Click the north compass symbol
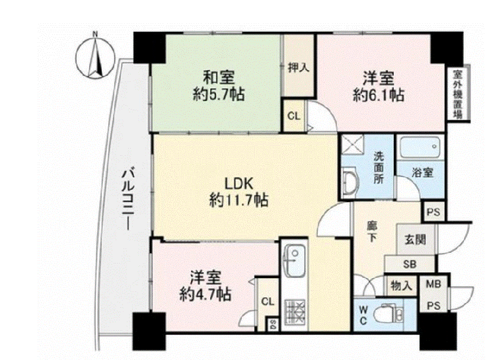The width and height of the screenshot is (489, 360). tap(95, 57)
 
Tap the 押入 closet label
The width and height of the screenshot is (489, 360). tap(299, 67)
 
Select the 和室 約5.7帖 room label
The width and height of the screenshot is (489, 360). tap(219, 86)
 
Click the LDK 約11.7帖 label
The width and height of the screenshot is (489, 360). tap(239, 192)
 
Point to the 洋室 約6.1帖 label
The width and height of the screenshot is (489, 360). tap(378, 87)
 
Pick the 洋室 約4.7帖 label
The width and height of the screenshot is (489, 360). tap(206, 285)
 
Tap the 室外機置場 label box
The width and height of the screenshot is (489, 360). tap(458, 93)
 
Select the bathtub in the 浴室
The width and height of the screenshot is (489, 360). tap(420, 147)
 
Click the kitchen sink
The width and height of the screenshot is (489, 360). tap(294, 260)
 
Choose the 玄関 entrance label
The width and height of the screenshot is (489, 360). tap(415, 239)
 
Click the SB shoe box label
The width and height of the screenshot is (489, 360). tap(410, 264)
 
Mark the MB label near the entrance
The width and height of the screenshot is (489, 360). tap(433, 284)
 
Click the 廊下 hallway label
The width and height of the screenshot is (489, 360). tap(371, 231)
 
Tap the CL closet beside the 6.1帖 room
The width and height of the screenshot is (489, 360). tap(294, 116)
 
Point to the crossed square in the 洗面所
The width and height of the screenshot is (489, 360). tap(352, 145)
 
